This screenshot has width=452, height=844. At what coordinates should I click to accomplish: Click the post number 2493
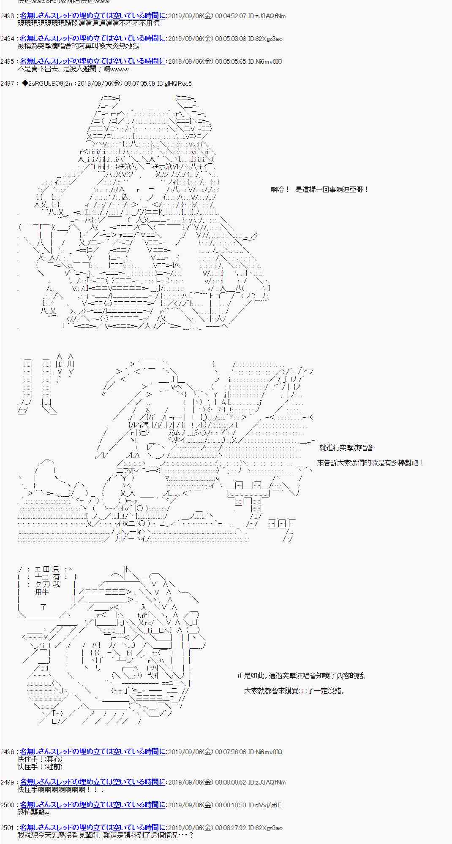[x=7, y=16]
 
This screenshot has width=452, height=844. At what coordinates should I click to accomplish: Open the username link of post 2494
[x=92, y=39]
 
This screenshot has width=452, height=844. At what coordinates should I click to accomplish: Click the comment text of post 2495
[x=73, y=69]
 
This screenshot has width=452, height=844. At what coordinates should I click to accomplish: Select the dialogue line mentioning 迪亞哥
[x=320, y=190]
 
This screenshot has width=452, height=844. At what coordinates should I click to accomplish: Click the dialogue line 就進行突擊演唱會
[x=346, y=448]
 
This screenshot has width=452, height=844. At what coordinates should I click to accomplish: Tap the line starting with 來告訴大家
[x=370, y=463]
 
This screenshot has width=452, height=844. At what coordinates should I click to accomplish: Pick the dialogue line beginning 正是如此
[x=301, y=676]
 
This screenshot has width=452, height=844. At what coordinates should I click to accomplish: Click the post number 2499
[x=7, y=782]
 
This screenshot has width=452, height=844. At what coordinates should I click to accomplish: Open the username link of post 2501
[x=92, y=828]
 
